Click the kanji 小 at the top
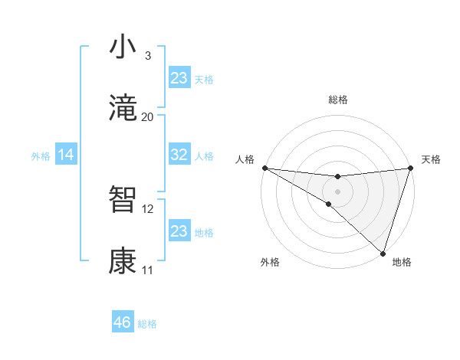123,47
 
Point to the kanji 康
123,261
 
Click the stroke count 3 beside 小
148,55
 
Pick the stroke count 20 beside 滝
148,116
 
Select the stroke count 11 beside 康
148,270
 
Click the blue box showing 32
179,155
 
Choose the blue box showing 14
66,155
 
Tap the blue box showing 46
123,322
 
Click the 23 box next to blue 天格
179,78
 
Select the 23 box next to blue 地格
179,231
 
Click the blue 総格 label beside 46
147,324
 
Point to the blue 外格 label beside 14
41,155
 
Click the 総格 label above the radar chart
338,100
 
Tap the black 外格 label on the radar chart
270,262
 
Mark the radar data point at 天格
410,168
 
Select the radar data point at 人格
264,168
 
